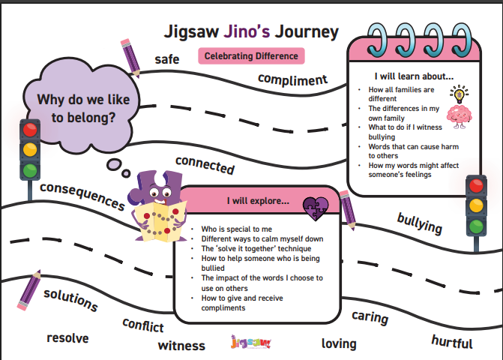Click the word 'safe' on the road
pos(167,59)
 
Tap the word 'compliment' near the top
pos(293,79)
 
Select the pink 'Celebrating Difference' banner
pos(251,55)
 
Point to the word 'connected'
pos(205,165)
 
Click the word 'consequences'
pos(82,196)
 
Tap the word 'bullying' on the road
pos(419,223)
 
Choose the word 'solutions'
pos(70,298)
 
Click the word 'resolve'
pos(67,338)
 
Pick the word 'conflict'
pos(143,325)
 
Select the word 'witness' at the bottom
pos(181,345)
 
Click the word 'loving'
pos(339,343)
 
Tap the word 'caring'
pos(370,317)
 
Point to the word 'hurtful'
pos(452,342)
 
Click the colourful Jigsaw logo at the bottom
pos(251,343)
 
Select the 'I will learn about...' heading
pos(414,76)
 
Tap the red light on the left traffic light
pos(30,130)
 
